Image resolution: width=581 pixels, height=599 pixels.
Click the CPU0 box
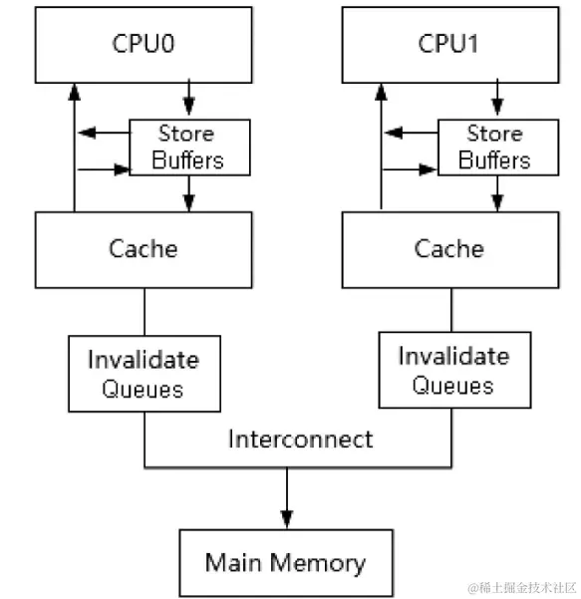[x=143, y=45]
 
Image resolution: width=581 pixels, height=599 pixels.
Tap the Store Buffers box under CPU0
[x=188, y=148]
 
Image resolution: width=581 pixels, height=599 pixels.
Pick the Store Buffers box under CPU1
[x=495, y=148]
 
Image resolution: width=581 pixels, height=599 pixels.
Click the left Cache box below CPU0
[x=143, y=248]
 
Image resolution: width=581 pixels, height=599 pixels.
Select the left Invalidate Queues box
[x=144, y=373]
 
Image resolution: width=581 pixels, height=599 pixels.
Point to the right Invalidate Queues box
[x=453, y=370]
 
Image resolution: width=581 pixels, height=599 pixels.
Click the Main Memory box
[x=285, y=562]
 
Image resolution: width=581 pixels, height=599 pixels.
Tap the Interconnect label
[x=300, y=439]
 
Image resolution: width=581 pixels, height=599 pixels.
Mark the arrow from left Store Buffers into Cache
[x=188, y=193]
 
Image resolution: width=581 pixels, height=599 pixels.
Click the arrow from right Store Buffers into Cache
[x=495, y=193]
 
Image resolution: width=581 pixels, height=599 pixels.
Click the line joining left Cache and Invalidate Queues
[x=145, y=311]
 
